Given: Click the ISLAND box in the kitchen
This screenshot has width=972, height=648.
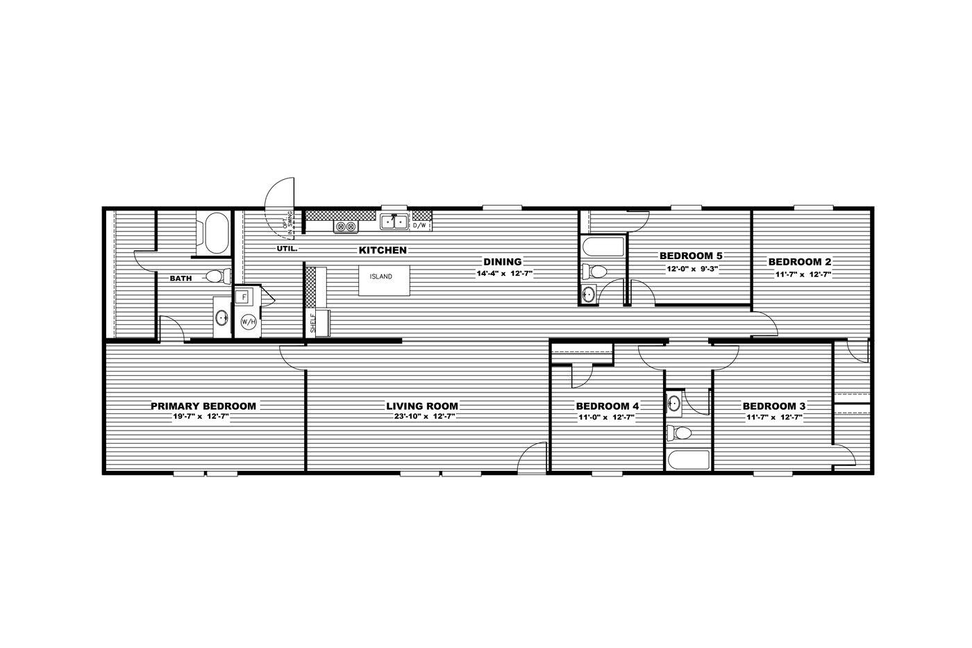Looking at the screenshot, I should click(381, 276).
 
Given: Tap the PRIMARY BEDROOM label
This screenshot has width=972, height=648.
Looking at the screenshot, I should click(203, 406).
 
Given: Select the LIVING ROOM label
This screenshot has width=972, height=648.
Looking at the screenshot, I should click(422, 406).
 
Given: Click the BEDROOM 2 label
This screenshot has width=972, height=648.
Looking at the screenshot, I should click(799, 262).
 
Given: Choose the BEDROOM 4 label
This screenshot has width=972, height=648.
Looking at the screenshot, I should click(607, 406).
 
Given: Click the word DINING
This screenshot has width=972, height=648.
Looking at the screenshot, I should click(503, 262).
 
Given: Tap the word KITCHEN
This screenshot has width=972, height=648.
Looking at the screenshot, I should click(383, 250).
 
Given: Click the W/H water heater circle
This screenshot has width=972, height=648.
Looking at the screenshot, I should click(248, 322).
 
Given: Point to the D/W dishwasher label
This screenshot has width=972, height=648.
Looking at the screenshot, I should click(420, 226).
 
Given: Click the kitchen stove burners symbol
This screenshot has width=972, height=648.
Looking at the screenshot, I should click(346, 226).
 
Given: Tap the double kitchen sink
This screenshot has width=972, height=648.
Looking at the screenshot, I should click(394, 222).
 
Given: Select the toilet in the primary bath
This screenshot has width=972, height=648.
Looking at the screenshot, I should click(217, 277).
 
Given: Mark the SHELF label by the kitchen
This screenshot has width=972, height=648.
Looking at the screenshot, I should click(313, 324).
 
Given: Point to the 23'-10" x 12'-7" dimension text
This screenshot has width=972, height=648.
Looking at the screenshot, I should click(422, 417).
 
